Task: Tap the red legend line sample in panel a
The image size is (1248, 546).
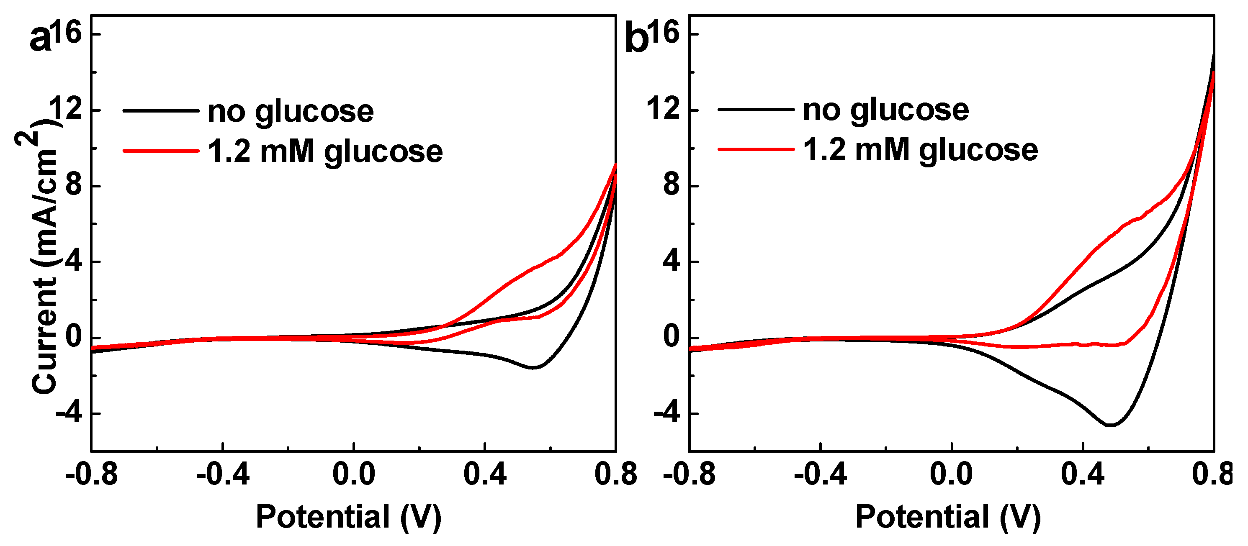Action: pos(161,151)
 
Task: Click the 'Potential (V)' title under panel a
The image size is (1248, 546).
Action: pos(348,517)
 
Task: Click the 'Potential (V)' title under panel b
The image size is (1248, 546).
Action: pos(948,517)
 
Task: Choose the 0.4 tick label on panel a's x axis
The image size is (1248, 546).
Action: pos(485,474)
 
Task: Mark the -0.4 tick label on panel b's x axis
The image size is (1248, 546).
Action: pos(820,474)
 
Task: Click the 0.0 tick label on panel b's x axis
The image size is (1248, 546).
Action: pos(951,474)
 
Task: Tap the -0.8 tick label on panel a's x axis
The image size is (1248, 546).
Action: pos(92,474)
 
